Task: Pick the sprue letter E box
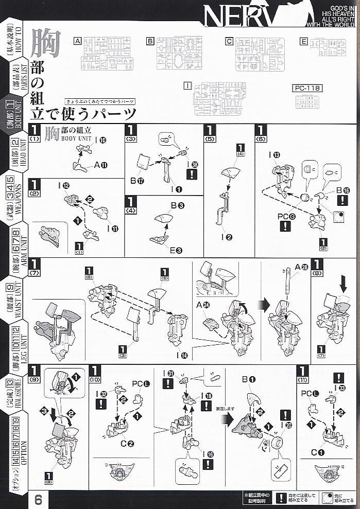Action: pos(304,41)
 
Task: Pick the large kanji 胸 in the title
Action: pos(45,43)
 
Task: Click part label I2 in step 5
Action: pos(226,237)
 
